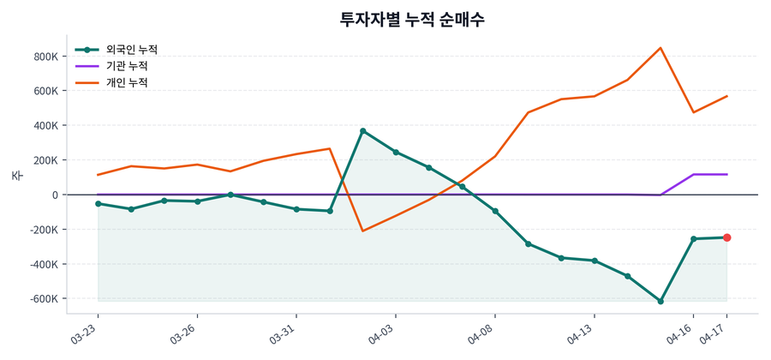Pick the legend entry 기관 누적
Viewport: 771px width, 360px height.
(126, 66)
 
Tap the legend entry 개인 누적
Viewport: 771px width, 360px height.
(126, 82)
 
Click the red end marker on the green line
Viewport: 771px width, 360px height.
(726, 237)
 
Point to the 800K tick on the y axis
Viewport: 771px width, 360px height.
(46, 57)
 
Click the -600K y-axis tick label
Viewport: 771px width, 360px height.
(43, 299)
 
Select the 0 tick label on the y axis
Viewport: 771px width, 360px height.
(54, 195)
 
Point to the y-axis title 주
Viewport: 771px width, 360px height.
(16, 175)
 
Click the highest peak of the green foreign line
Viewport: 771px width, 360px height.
(363, 131)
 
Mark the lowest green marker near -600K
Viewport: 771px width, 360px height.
(660, 301)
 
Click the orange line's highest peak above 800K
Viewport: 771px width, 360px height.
(660, 48)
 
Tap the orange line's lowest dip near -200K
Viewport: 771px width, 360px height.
(363, 231)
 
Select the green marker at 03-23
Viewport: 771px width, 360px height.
(99, 204)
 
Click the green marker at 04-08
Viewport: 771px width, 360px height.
(495, 211)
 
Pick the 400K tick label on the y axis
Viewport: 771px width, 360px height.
(46, 126)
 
